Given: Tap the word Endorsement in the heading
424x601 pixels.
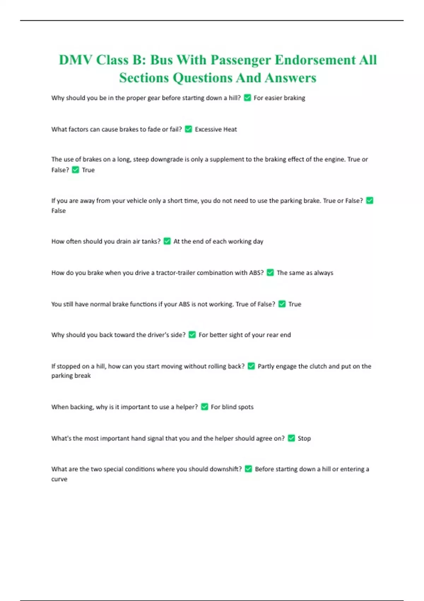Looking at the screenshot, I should pos(315,60).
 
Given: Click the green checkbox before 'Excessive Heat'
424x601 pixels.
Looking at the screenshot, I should pos(188,129).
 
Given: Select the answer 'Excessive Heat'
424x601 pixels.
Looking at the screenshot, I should pos(216,129).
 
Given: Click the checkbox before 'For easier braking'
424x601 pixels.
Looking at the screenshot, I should pos(247,98).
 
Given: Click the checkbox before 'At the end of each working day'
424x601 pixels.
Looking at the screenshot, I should pos(167,241).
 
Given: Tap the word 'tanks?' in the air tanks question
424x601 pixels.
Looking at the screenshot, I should pos(151,241).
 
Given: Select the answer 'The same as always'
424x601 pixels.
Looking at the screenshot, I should pos(305,273).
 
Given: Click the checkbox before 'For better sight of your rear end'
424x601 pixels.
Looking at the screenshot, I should pos(192,335).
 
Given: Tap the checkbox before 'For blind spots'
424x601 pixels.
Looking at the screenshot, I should pos(205,407).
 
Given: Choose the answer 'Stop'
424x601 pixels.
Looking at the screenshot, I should pos(304,438).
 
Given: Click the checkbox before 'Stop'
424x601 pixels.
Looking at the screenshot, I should pos(291,438).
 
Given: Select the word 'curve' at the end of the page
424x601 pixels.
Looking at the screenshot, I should pos(59,479).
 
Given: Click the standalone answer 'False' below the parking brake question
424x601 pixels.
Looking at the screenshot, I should pos(58,211).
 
